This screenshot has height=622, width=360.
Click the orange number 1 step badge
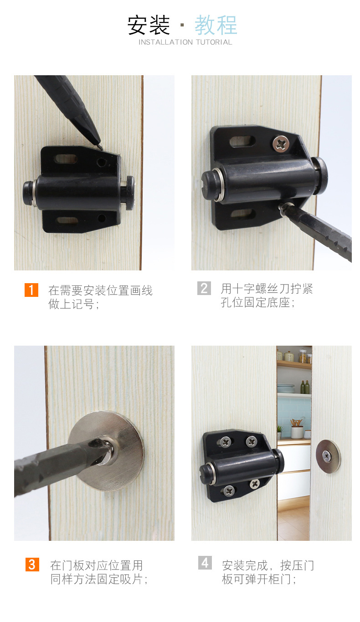point(31,290)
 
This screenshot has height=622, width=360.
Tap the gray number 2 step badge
point(204,288)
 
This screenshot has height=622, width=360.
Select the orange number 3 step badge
point(32,564)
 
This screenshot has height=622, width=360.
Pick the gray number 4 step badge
point(205,563)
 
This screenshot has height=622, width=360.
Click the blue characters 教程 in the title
point(216,25)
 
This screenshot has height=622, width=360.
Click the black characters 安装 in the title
point(149,25)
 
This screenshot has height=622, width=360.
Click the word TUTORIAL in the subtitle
point(214,42)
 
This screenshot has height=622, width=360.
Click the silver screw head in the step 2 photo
point(281,144)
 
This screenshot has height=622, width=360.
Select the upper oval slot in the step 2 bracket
point(242,141)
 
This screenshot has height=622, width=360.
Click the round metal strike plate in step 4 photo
point(328,456)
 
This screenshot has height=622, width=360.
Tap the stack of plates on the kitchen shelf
point(286,388)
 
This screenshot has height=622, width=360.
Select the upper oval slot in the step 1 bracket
point(66,159)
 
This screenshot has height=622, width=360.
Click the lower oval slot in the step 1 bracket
point(67,221)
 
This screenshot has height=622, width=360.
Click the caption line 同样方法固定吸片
point(98,579)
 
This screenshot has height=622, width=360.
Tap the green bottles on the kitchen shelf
point(305,387)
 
